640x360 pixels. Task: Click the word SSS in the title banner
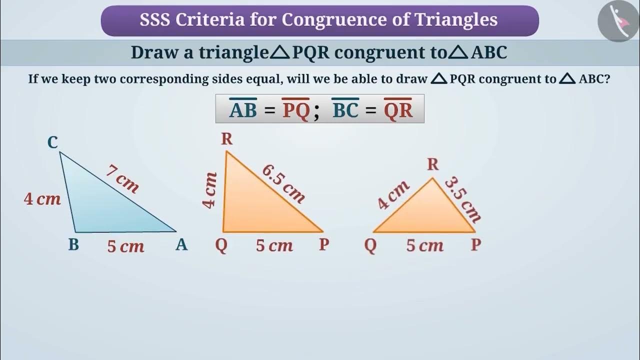click(154, 20)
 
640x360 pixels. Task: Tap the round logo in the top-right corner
click(618, 21)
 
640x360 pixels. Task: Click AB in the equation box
click(243, 110)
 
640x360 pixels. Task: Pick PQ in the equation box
click(296, 110)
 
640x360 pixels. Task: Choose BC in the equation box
click(345, 110)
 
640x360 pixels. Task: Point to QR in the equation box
click(398, 110)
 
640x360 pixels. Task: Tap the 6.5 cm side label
click(283, 183)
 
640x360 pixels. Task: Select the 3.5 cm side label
click(462, 199)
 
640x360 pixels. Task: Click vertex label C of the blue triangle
click(52, 143)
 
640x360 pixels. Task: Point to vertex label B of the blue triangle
click(73, 245)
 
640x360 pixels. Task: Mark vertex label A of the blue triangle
click(181, 245)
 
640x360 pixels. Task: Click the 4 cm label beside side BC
click(42, 199)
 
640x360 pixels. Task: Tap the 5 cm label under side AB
click(125, 246)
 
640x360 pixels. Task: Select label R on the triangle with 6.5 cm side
click(226, 139)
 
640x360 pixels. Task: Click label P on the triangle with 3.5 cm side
click(476, 245)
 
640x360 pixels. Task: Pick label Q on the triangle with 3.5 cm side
click(370, 245)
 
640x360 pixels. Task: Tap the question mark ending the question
click(607, 78)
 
